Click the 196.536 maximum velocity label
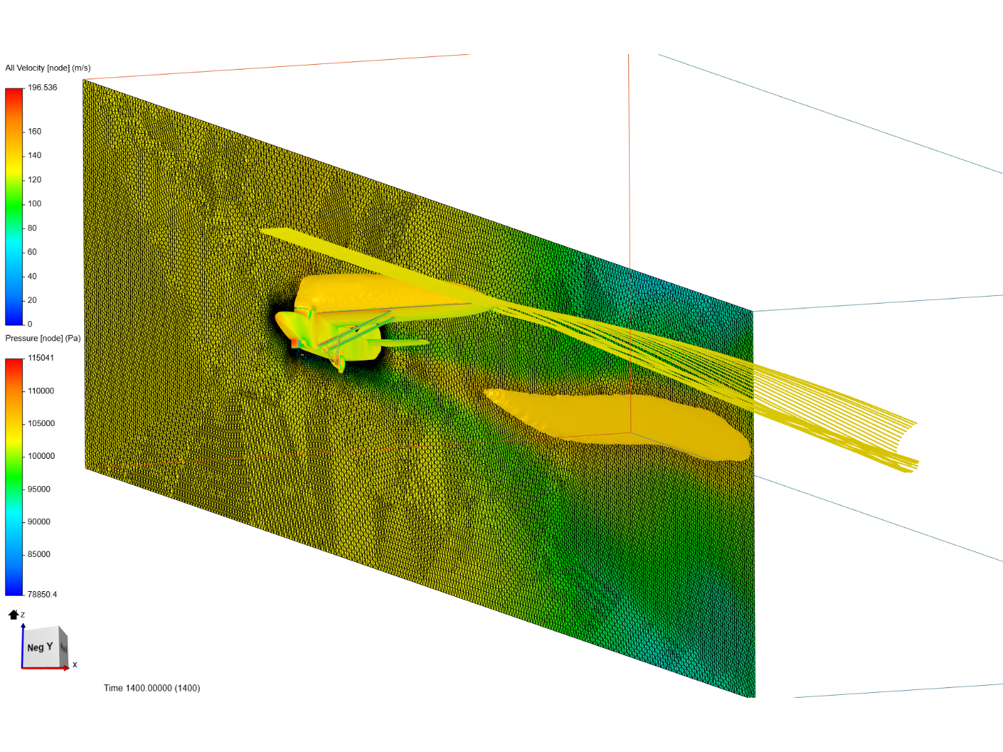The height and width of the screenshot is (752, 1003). click(x=42, y=87)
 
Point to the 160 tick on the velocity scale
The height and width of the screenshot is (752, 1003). click(x=34, y=132)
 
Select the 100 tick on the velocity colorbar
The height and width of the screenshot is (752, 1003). click(x=34, y=203)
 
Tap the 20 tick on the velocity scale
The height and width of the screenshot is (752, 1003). click(x=32, y=300)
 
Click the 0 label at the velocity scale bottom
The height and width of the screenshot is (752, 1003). click(x=30, y=324)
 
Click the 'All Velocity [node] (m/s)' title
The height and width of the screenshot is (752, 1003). click(x=48, y=68)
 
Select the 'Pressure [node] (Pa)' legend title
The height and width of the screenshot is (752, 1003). click(x=43, y=338)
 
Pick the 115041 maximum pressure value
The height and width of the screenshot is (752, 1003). click(x=40, y=358)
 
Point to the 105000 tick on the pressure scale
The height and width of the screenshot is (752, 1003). click(x=41, y=423)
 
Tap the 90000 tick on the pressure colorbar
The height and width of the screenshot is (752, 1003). click(x=39, y=522)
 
